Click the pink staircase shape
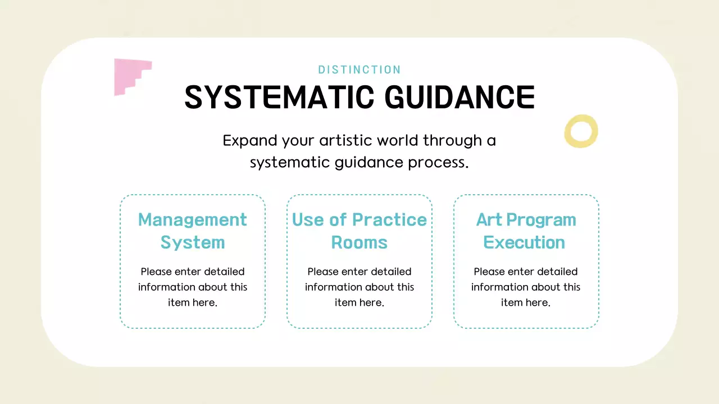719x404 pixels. (130, 76)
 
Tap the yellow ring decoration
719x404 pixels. (581, 131)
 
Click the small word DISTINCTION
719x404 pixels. (359, 70)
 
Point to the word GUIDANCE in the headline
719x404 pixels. (459, 97)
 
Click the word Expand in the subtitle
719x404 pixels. (250, 140)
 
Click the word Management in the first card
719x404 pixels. (192, 219)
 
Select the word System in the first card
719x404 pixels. (192, 242)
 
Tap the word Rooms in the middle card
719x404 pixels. (359, 242)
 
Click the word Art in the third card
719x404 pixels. (488, 219)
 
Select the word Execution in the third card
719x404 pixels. (524, 242)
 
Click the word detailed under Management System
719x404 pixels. (224, 272)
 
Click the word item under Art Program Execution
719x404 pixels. (512, 302)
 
